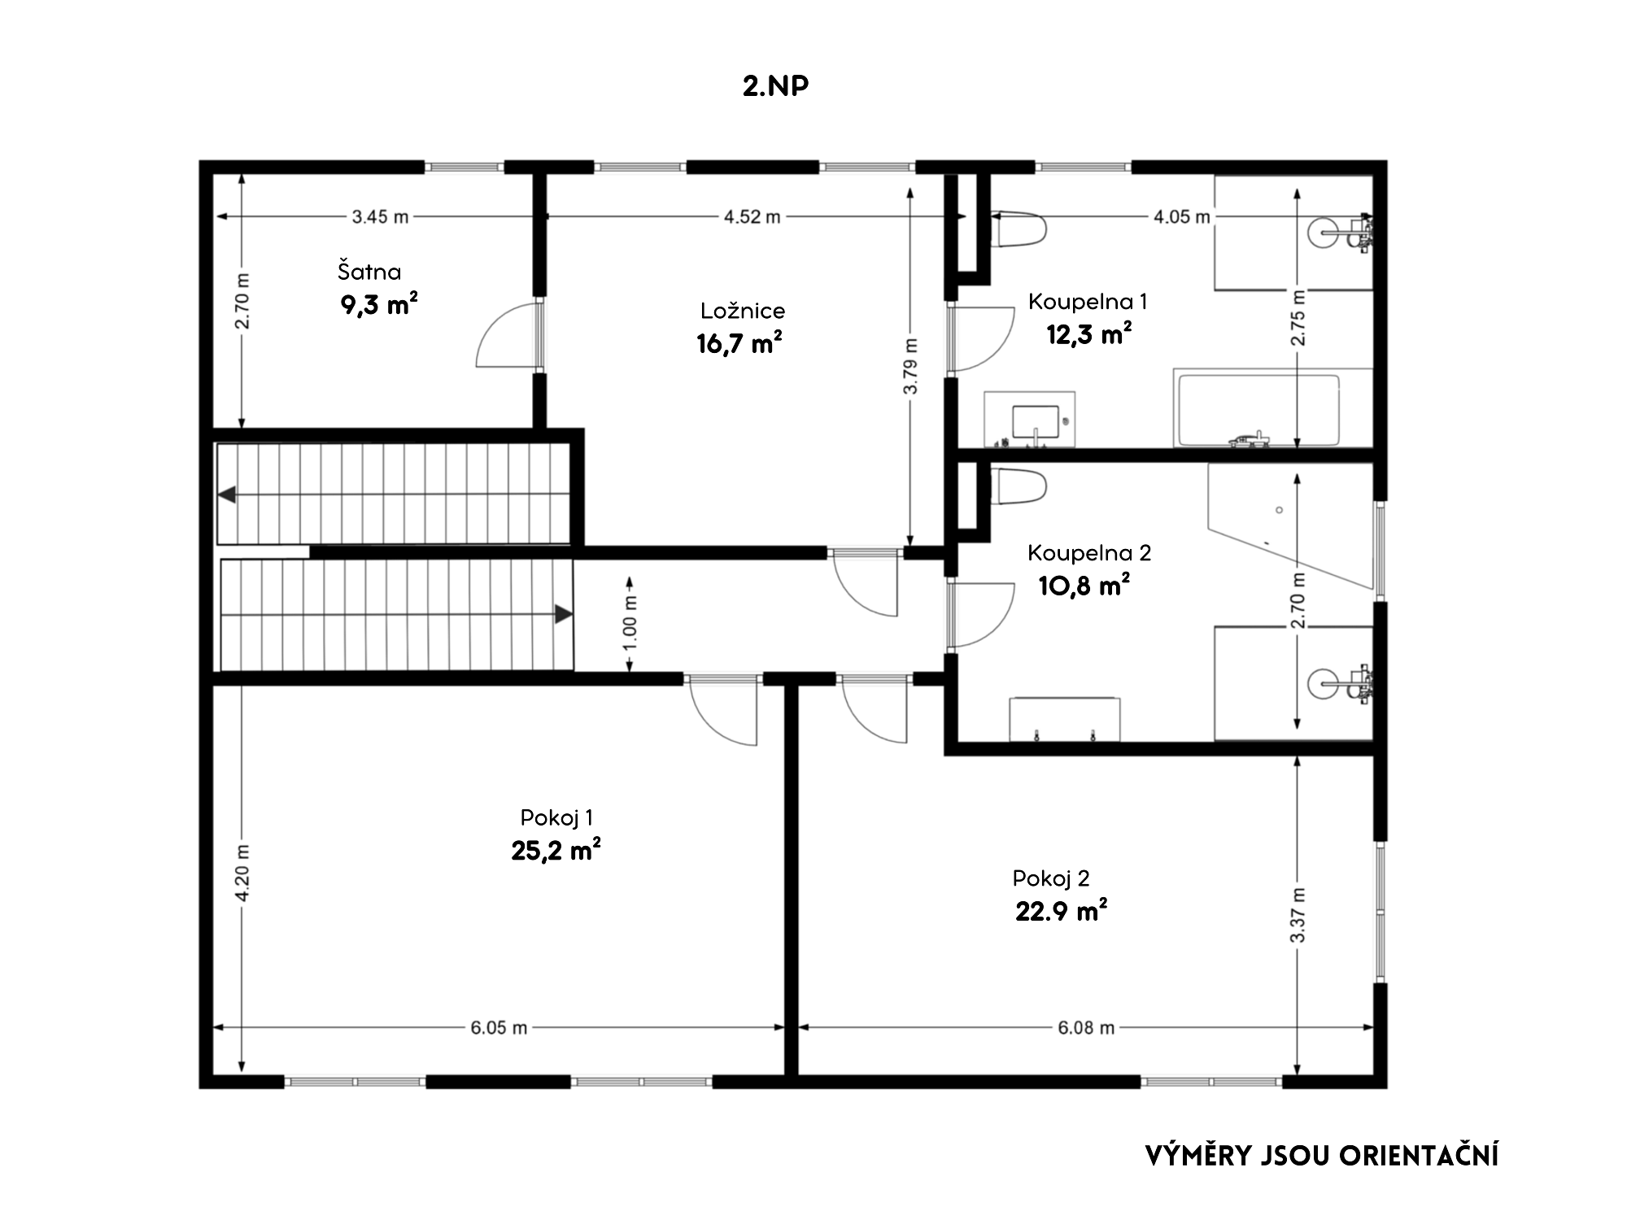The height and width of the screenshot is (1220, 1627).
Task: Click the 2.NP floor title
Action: point(775,86)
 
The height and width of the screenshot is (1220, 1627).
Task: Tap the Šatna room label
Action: point(369,271)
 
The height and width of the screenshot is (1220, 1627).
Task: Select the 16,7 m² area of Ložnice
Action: point(739,342)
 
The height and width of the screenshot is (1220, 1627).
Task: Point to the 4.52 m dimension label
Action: point(752,217)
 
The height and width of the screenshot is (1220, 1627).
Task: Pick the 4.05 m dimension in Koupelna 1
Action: point(1181,217)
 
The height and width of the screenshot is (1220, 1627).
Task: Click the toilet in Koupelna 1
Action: point(1018,229)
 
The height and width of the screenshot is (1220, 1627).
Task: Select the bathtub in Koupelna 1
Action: point(1255,410)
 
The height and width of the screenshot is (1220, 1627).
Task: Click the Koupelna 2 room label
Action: point(1088,553)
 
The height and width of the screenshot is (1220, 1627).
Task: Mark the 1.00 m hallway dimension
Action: point(630,625)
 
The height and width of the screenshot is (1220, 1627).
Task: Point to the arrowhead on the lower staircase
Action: point(563,614)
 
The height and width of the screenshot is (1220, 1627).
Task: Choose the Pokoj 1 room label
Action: point(556,817)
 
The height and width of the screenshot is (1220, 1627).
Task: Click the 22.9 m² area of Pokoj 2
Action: point(1061,911)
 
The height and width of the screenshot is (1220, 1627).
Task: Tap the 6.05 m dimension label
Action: point(499,1028)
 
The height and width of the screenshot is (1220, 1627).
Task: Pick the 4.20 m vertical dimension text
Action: point(242,874)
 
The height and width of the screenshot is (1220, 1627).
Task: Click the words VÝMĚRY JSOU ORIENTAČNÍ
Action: point(1322,1156)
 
